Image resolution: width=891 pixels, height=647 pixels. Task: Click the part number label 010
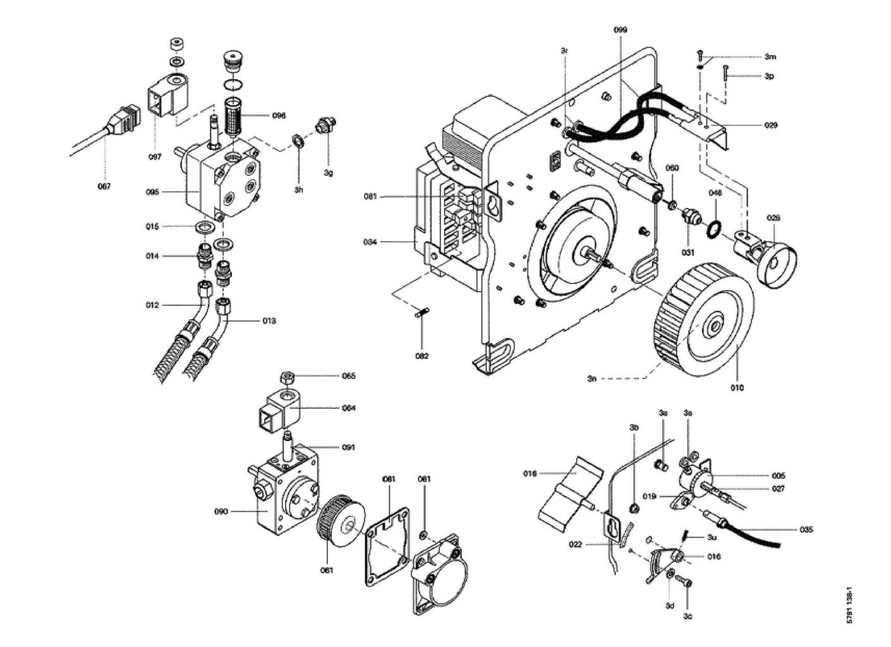[x=737, y=387]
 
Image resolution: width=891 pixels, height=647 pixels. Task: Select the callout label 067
[x=104, y=186]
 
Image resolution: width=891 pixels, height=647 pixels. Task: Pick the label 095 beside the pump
[x=153, y=191]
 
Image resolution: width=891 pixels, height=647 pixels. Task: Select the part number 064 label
[x=349, y=408]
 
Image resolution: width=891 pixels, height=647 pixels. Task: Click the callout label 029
[x=770, y=125]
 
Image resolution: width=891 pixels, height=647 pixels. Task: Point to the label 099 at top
[x=620, y=30]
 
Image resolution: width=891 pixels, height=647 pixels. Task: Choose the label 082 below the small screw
[x=421, y=356]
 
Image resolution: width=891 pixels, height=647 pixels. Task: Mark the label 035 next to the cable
[x=806, y=529]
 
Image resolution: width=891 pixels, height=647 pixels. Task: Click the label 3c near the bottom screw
[x=687, y=616]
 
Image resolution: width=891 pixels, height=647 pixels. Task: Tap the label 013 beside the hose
[x=269, y=321]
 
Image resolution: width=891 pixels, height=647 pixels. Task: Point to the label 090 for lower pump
[x=221, y=512]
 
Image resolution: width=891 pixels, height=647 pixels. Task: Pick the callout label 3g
[x=328, y=172]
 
